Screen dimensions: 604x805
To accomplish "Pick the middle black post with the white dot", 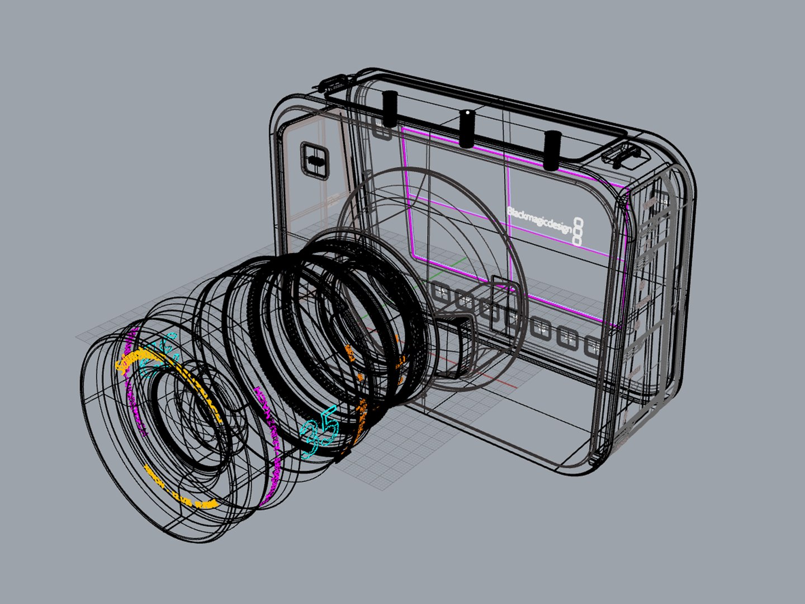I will pos(466,128).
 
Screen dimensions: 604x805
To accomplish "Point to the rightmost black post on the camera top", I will pos(552,149).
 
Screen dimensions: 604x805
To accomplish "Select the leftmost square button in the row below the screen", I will pos(441,294).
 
